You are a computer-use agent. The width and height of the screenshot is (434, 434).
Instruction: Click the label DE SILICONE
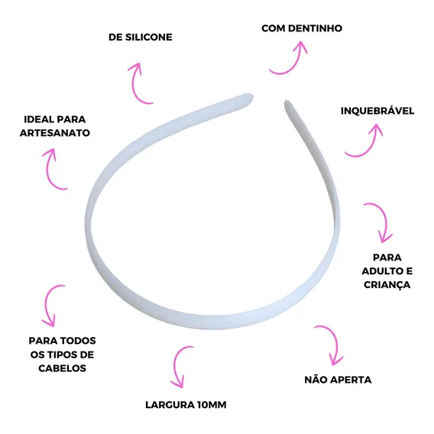(x=141, y=37)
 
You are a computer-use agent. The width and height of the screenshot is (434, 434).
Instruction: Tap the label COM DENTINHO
(x=302, y=28)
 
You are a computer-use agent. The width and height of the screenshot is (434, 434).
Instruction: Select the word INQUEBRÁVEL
(x=377, y=111)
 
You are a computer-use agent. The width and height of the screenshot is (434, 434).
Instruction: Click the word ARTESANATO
(x=55, y=133)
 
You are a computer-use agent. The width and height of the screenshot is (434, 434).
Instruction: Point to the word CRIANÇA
(x=387, y=285)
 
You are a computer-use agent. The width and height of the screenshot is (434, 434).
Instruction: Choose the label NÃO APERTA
(x=338, y=380)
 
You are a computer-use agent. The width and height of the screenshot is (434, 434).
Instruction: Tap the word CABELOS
(x=63, y=368)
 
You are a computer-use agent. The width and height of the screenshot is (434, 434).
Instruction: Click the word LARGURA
(x=170, y=405)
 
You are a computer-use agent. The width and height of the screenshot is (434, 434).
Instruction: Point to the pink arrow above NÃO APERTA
(x=335, y=341)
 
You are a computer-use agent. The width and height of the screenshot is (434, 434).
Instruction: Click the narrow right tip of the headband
(x=287, y=103)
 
